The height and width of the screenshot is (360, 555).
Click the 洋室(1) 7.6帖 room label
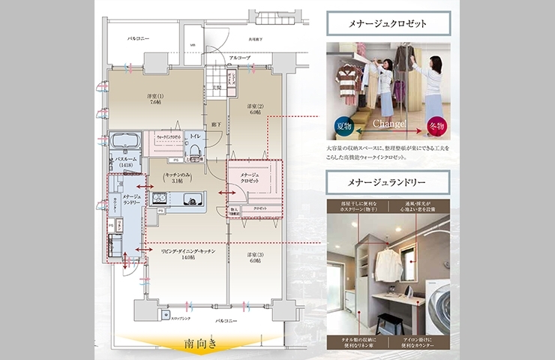(x=155, y=100)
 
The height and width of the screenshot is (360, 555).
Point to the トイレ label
(x=194, y=136)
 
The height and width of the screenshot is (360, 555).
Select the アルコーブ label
(x=240, y=57)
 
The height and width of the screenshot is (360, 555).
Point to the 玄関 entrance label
(x=216, y=88)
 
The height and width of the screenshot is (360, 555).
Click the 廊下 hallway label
(x=215, y=123)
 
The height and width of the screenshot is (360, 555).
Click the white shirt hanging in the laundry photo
(x=386, y=264)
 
